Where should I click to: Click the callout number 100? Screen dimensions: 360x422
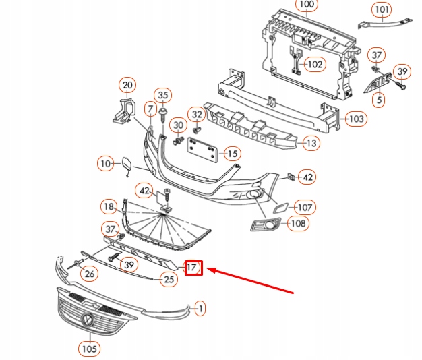click(307, 5)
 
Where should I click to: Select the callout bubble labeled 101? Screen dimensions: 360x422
click(382, 10)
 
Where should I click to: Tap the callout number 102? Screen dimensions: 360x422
click(315, 65)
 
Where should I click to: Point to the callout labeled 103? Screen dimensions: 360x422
click(356, 119)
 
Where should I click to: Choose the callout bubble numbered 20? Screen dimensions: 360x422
click(127, 85)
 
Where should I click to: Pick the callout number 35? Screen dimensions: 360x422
click(162, 94)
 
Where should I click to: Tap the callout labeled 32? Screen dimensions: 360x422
click(196, 115)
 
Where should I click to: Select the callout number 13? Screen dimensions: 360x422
click(311, 143)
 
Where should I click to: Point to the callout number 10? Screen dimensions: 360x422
click(105, 163)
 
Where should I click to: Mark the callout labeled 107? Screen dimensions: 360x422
click(304, 208)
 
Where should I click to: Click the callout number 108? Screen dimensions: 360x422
click(298, 224)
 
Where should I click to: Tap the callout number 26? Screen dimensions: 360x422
click(90, 273)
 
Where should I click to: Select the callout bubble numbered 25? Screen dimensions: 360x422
click(169, 279)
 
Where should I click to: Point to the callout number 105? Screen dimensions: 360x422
click(88, 349)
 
